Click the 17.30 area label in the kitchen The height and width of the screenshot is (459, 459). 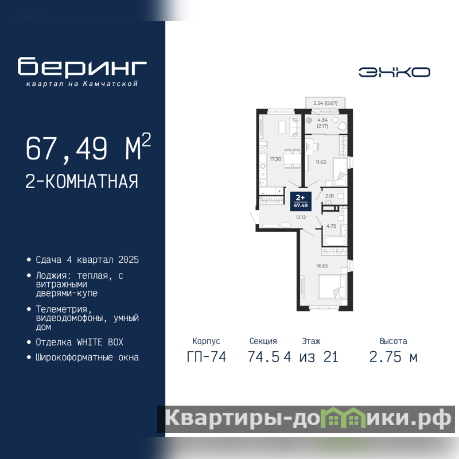(x=275, y=159)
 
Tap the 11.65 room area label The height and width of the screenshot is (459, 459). (x=321, y=162)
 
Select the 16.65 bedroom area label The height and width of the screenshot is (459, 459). (x=322, y=266)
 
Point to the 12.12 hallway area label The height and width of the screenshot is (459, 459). (x=301, y=217)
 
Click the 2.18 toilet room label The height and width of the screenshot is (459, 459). (x=329, y=196)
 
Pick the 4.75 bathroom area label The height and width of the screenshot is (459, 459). (x=331, y=226)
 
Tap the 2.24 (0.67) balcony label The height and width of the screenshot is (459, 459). (x=325, y=103)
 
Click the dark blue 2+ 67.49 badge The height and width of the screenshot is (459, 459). (x=301, y=201)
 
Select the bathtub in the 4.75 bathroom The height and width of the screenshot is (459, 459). (x=335, y=241)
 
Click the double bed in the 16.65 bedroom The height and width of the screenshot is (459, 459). (x=333, y=286)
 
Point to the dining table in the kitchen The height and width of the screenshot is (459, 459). (x=292, y=159)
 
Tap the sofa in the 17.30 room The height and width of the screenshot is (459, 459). (x=295, y=127)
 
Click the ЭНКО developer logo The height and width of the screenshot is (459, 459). (x=394, y=72)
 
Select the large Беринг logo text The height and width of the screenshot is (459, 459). (x=82, y=66)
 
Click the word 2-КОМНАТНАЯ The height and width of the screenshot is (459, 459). (x=81, y=181)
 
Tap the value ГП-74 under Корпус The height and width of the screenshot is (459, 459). (x=207, y=357)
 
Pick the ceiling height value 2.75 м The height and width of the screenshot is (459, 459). (x=393, y=357)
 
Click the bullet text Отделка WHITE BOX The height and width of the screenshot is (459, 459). (x=79, y=342)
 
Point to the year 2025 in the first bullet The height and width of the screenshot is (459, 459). (x=129, y=260)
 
